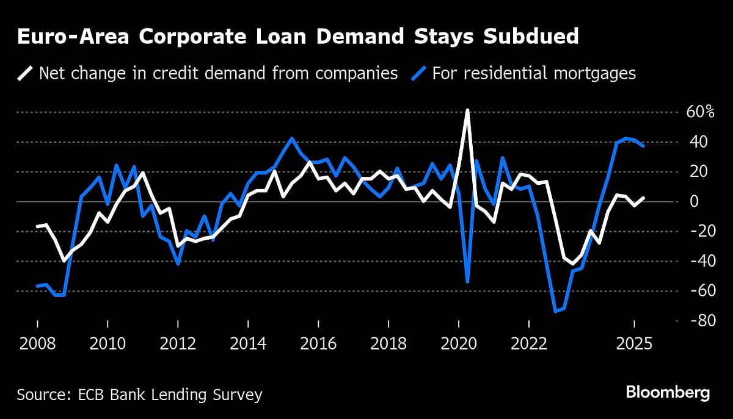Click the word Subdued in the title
click(531, 36)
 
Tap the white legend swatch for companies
click(25, 74)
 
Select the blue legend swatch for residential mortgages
click(418, 74)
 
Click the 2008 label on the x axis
click(37, 343)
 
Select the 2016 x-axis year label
click(318, 343)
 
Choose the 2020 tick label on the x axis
click(459, 343)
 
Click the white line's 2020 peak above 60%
click(467, 110)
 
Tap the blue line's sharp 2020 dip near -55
click(467, 281)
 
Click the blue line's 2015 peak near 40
click(292, 138)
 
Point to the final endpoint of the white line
click(643, 198)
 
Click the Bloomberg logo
click(667, 392)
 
